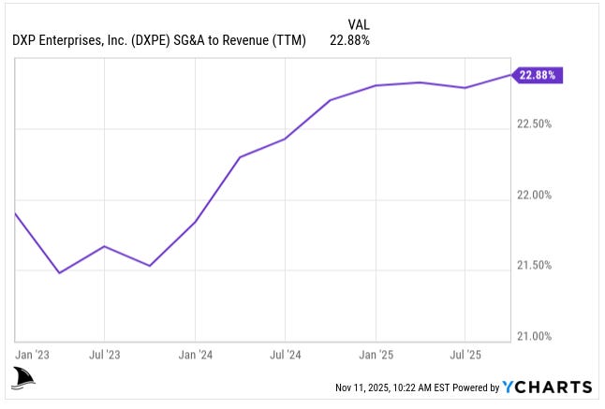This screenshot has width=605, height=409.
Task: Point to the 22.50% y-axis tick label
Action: tap(535, 124)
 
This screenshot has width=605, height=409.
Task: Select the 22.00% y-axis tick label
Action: tap(535, 195)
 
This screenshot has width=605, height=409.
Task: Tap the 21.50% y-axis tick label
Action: tap(535, 266)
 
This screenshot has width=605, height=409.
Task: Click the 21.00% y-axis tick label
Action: tap(535, 336)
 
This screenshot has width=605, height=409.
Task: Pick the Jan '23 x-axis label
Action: tap(34, 356)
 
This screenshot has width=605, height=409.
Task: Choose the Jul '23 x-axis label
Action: tap(104, 356)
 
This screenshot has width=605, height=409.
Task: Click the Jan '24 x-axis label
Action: tap(194, 356)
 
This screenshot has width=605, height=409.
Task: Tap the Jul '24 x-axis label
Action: tap(285, 356)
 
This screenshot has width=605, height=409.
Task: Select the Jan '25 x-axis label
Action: tap(376, 356)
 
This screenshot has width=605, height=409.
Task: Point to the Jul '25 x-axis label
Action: tap(465, 356)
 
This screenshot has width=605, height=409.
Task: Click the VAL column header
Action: tap(359, 24)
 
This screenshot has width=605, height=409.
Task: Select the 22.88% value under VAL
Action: tap(349, 40)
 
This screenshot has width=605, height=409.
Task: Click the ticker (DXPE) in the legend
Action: tap(153, 40)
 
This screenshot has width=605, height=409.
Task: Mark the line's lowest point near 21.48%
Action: tap(60, 273)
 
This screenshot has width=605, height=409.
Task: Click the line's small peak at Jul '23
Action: tap(104, 246)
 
